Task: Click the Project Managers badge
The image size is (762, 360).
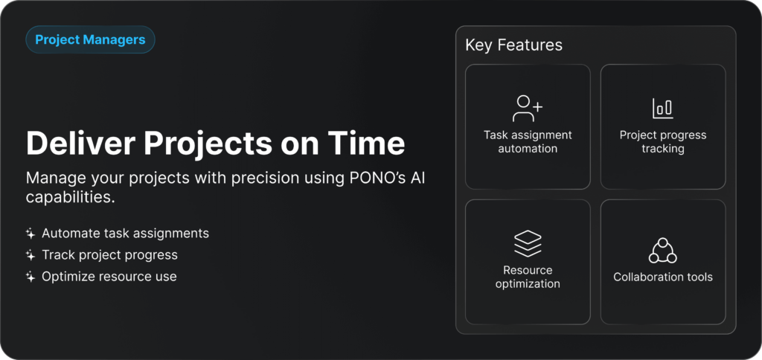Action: (90, 39)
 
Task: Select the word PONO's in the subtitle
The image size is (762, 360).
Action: (374, 179)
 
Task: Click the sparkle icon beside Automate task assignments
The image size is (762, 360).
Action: (31, 234)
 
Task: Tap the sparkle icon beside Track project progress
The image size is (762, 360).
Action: (31, 255)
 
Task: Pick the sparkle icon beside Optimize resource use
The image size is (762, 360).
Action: (31, 277)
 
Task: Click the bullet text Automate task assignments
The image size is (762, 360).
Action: (125, 234)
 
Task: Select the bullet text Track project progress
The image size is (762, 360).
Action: (110, 255)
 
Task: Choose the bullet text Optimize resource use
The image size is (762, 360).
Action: (109, 277)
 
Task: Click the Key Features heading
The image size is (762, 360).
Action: (513, 45)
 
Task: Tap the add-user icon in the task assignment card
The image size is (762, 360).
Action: (528, 109)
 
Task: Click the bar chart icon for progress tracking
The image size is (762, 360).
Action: (663, 109)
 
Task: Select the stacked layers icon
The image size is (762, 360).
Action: (528, 243)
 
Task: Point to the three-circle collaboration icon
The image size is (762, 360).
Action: (663, 251)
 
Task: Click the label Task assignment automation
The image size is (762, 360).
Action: (528, 142)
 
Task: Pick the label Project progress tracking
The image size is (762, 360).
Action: (663, 142)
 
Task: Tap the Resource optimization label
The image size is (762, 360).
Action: (528, 277)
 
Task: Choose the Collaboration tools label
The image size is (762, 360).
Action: (663, 277)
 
